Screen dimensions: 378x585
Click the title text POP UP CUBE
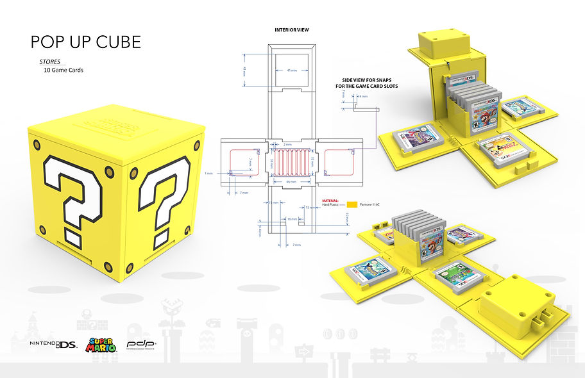85,42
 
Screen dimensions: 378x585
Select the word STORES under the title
50,62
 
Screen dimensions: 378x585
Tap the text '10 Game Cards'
64,70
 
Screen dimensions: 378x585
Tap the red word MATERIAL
330,199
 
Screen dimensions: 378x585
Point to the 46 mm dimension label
291,182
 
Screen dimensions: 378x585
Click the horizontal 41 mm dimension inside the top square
291,69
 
